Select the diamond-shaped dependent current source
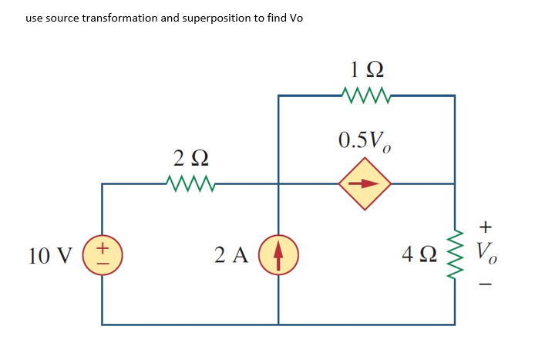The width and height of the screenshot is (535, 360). pos(366,184)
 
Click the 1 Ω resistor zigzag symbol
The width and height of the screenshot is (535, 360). pos(366,96)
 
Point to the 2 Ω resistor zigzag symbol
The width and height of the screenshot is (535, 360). pos(190,184)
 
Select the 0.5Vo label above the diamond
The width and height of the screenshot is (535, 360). pos(366,141)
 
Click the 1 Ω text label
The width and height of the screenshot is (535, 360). pos(366,70)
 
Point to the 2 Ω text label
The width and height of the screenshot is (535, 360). pos(190,160)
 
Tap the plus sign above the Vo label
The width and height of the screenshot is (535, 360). pos(485,227)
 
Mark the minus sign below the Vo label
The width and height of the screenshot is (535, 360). pos(485,283)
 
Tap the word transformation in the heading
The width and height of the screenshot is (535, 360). pos(116,18)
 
